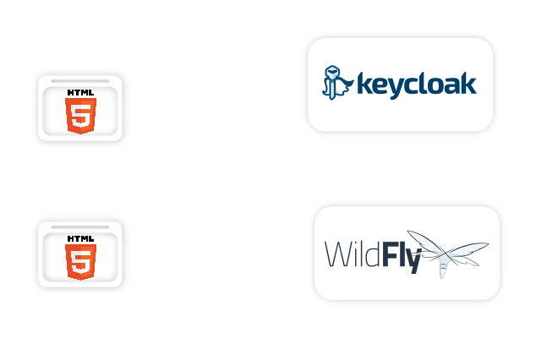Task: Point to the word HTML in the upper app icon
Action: click(80, 91)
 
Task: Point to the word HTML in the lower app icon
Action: click(80, 237)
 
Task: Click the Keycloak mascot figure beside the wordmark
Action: click(338, 82)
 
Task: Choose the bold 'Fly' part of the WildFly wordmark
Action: click(401, 255)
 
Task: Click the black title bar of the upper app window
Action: click(80, 80)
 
